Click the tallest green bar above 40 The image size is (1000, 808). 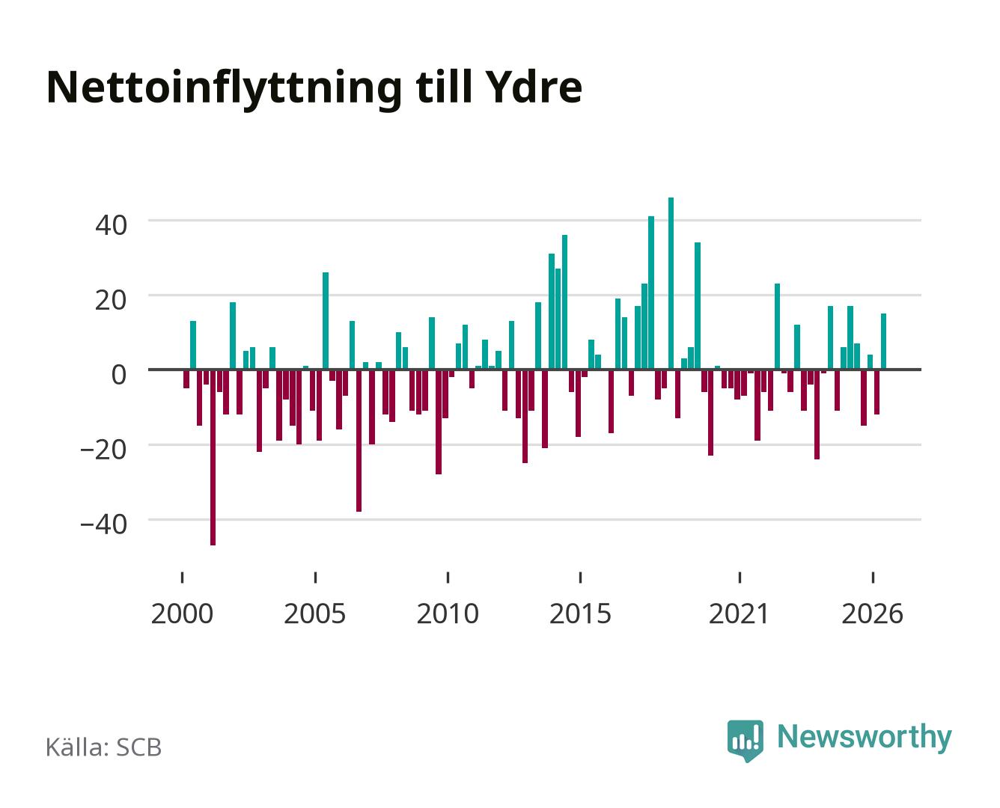point(671,283)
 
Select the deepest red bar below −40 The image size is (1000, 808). point(213,457)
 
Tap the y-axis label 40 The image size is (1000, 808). point(112,225)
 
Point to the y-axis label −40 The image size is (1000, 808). point(104,524)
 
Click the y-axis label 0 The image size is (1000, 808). point(119,374)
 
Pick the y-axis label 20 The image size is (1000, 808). point(112,300)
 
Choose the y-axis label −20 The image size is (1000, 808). point(104,450)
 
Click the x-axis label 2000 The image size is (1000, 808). point(182,613)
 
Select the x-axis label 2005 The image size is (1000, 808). point(315,613)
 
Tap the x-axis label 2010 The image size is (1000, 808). point(448,613)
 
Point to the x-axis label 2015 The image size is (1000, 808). point(581,613)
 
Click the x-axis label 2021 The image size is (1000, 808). point(739,613)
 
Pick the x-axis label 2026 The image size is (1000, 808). point(872,613)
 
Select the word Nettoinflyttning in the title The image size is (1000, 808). point(225,90)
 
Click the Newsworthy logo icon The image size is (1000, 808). point(746,741)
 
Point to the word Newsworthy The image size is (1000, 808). point(865,738)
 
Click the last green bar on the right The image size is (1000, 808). point(883,341)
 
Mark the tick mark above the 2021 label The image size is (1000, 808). point(740,577)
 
